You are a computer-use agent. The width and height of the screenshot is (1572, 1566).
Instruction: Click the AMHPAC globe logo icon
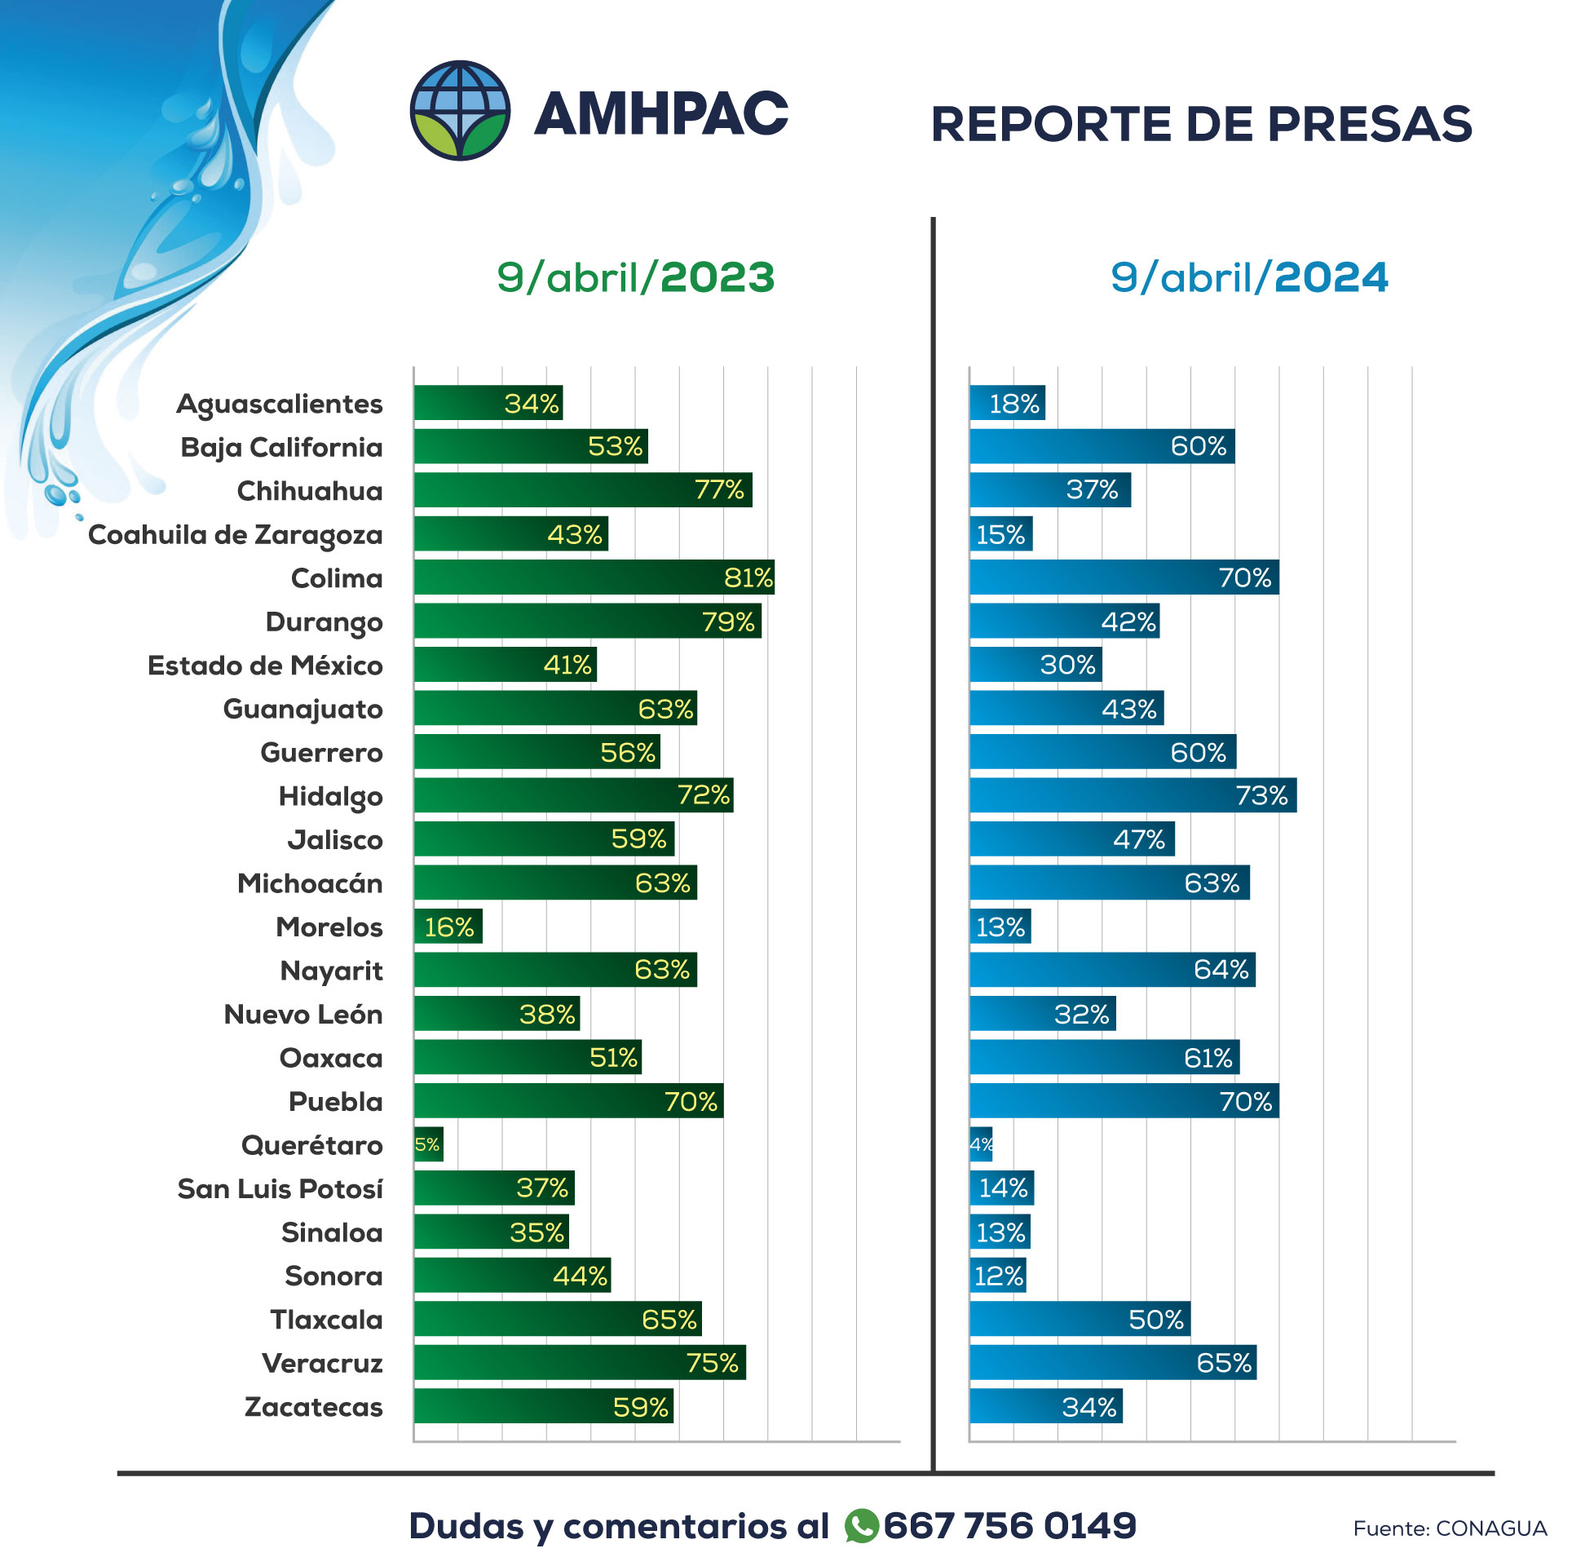(x=461, y=110)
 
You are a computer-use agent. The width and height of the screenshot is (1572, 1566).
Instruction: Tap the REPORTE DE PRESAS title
(x=1201, y=125)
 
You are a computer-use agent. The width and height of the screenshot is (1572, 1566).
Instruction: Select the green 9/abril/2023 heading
(x=635, y=277)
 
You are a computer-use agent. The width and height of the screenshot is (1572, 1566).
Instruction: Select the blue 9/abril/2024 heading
(x=1248, y=277)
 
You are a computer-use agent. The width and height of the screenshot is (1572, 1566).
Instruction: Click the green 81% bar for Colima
(x=594, y=577)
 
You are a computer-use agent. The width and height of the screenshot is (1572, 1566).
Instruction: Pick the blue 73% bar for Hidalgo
(x=1133, y=795)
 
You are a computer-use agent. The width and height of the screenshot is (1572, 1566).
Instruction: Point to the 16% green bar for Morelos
(x=448, y=927)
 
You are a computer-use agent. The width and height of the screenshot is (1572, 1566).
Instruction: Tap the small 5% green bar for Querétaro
(x=428, y=1144)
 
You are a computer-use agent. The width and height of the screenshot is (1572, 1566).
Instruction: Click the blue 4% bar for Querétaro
(x=981, y=1144)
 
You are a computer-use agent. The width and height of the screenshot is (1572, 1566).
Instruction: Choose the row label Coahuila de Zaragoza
(x=235, y=535)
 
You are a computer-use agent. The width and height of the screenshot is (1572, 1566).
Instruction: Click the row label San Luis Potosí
(x=280, y=1189)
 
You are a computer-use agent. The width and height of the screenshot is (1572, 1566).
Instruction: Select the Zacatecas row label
(x=313, y=1407)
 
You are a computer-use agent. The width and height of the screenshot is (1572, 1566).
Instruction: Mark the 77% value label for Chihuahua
(x=718, y=490)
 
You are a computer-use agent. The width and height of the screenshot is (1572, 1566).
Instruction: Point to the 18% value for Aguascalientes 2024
(x=1013, y=404)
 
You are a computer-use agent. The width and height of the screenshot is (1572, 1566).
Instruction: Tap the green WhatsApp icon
(x=861, y=1526)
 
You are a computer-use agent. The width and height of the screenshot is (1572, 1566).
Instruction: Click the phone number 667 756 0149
(x=1009, y=1526)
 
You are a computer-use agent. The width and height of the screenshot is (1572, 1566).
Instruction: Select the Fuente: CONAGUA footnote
(x=1449, y=1528)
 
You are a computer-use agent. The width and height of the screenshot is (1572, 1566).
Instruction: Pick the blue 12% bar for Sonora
(x=997, y=1276)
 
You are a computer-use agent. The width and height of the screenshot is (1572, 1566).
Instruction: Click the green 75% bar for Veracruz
(x=579, y=1363)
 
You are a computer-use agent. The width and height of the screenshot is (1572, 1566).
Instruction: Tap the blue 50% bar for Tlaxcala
(x=1079, y=1320)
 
